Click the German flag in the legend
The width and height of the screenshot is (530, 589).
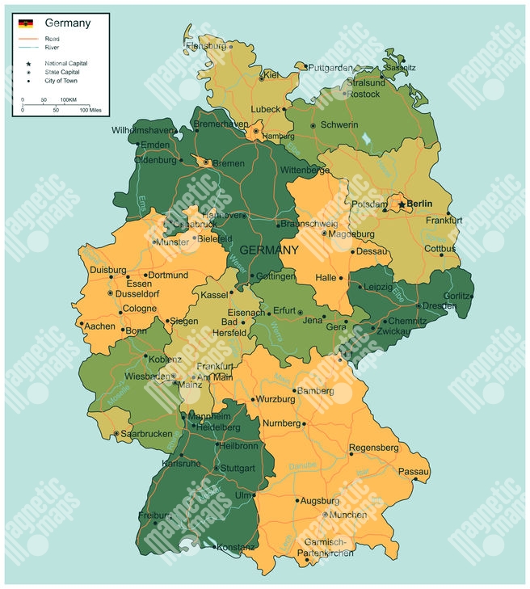tap(26, 23)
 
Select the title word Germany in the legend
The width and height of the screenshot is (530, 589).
tap(68, 23)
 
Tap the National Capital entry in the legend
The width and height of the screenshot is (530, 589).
tap(66, 63)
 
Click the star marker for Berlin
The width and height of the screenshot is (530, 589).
tap(401, 205)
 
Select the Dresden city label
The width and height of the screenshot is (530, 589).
tap(440, 306)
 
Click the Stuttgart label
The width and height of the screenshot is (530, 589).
tap(238, 468)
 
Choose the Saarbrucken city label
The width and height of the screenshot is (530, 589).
tap(147, 434)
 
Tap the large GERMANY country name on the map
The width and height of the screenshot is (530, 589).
tap(269, 250)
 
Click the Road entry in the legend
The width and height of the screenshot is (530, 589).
tap(52, 38)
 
